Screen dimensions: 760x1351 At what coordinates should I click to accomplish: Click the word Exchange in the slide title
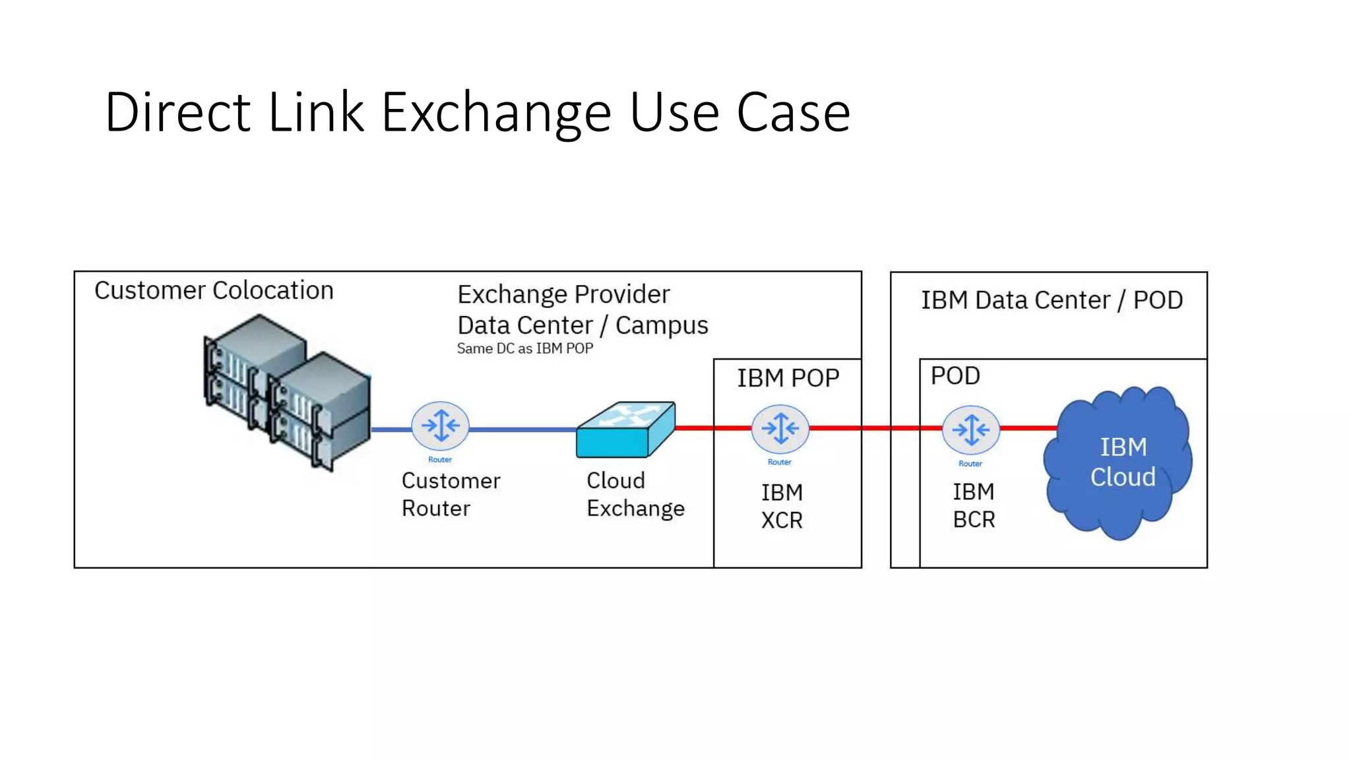[x=497, y=113]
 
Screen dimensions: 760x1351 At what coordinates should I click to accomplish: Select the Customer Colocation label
[x=214, y=290]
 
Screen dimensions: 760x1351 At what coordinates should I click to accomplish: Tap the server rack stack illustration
[x=287, y=392]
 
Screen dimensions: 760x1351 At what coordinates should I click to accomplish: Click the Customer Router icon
[x=440, y=426]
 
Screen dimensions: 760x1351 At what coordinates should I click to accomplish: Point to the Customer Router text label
[x=451, y=494]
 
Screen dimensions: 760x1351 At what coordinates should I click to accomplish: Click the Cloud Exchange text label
[x=635, y=494]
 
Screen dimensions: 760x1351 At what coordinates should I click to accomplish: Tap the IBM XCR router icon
[x=780, y=428]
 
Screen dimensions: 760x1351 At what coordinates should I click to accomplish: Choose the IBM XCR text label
[x=782, y=506]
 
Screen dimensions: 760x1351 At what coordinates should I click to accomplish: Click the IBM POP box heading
[x=788, y=378]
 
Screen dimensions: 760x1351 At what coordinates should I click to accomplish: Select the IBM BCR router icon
[x=970, y=430]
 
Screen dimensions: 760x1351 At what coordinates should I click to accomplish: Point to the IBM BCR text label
[x=973, y=505]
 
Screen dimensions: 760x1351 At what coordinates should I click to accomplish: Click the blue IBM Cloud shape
[x=1121, y=462]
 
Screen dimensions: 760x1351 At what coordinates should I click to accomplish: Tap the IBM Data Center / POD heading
[x=1052, y=300]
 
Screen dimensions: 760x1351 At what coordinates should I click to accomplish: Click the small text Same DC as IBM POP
[x=525, y=348]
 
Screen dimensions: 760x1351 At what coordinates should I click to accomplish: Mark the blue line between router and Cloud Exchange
[x=521, y=429]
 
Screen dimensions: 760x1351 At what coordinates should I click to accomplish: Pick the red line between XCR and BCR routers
[x=875, y=428]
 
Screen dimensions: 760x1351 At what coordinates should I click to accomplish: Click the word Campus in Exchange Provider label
[x=662, y=325]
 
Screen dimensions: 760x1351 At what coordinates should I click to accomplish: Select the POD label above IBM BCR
[x=955, y=376]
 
